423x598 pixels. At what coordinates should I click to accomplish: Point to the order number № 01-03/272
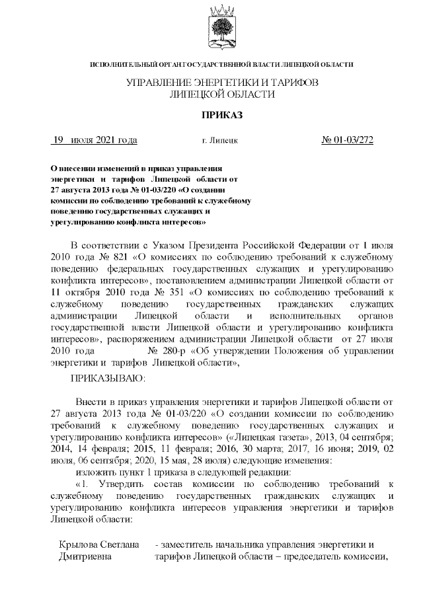tap(347, 140)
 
